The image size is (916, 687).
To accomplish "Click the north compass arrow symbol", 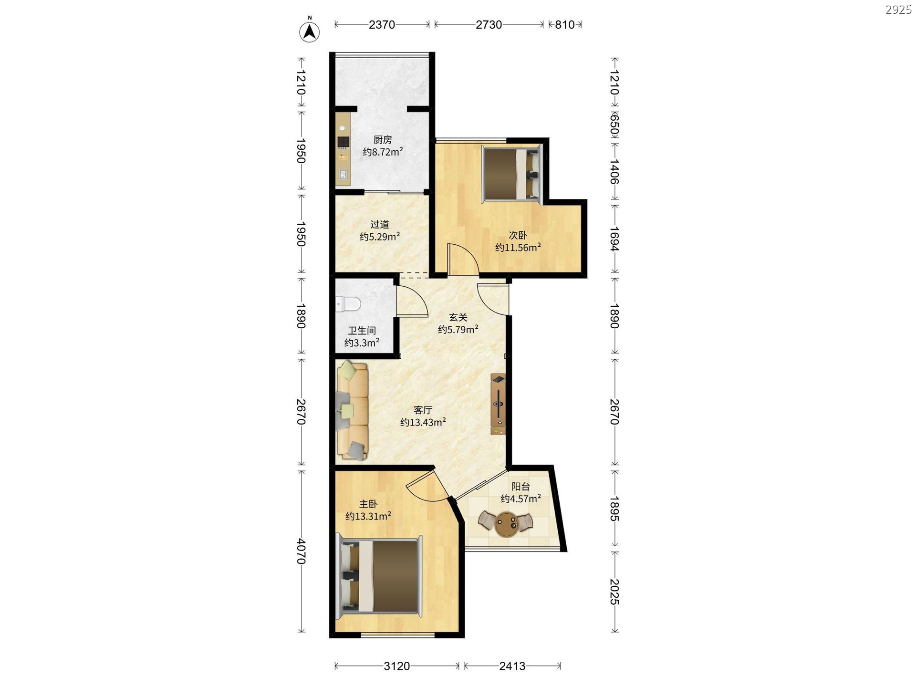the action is point(309,31).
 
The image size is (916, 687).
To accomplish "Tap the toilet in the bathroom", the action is point(347,304).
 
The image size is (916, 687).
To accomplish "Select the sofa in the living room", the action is point(352,410).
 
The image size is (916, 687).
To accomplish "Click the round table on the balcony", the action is point(506,524).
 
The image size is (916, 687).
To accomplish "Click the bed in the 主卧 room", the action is point(379,578).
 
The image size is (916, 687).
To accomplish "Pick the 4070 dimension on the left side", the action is point(301,551).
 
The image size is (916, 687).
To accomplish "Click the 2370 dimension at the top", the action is point(382,24).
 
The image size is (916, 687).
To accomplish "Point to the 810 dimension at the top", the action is point(565,24).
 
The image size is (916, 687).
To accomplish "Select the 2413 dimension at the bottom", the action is point(512,666).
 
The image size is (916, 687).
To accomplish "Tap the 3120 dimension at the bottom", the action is point(397,666).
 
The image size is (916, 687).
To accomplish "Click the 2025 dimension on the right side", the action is point(614,592).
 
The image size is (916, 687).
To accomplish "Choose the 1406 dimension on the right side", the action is point(614,172).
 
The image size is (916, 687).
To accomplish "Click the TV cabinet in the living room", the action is point(498,404).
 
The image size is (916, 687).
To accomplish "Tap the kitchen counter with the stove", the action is point(343,149).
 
